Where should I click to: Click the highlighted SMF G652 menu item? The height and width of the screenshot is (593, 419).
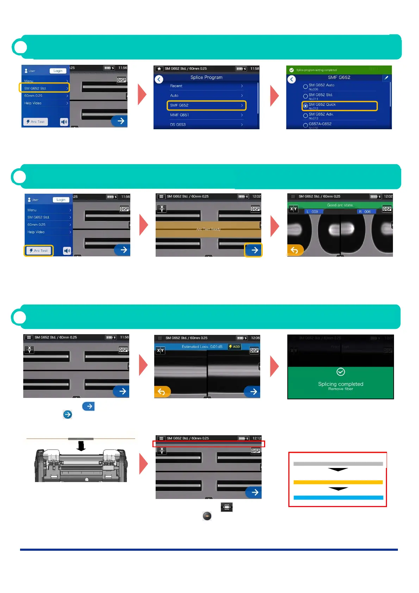pos(206,105)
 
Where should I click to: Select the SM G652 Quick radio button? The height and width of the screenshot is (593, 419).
pos(306,106)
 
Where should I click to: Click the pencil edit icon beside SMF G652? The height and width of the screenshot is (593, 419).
pos(386,78)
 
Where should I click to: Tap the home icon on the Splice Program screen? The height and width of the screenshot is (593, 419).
pos(159,69)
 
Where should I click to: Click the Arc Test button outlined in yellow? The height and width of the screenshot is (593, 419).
pos(39,251)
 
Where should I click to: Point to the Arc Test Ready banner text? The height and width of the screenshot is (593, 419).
pos(208,229)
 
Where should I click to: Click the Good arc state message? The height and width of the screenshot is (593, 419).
pos(340,205)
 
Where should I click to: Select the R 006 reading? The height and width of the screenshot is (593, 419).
pos(365,212)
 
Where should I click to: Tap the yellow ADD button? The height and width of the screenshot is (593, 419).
pos(234,347)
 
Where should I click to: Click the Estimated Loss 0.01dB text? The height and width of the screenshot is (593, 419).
pos(202,347)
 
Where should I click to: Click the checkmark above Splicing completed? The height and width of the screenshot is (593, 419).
pos(340,372)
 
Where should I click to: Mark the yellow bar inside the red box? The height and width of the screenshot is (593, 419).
pos(338,482)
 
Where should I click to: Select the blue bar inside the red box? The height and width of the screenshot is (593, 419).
pos(338,498)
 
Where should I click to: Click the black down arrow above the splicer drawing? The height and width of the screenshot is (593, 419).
pos(81,446)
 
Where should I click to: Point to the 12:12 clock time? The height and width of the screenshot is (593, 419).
pos(257,438)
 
